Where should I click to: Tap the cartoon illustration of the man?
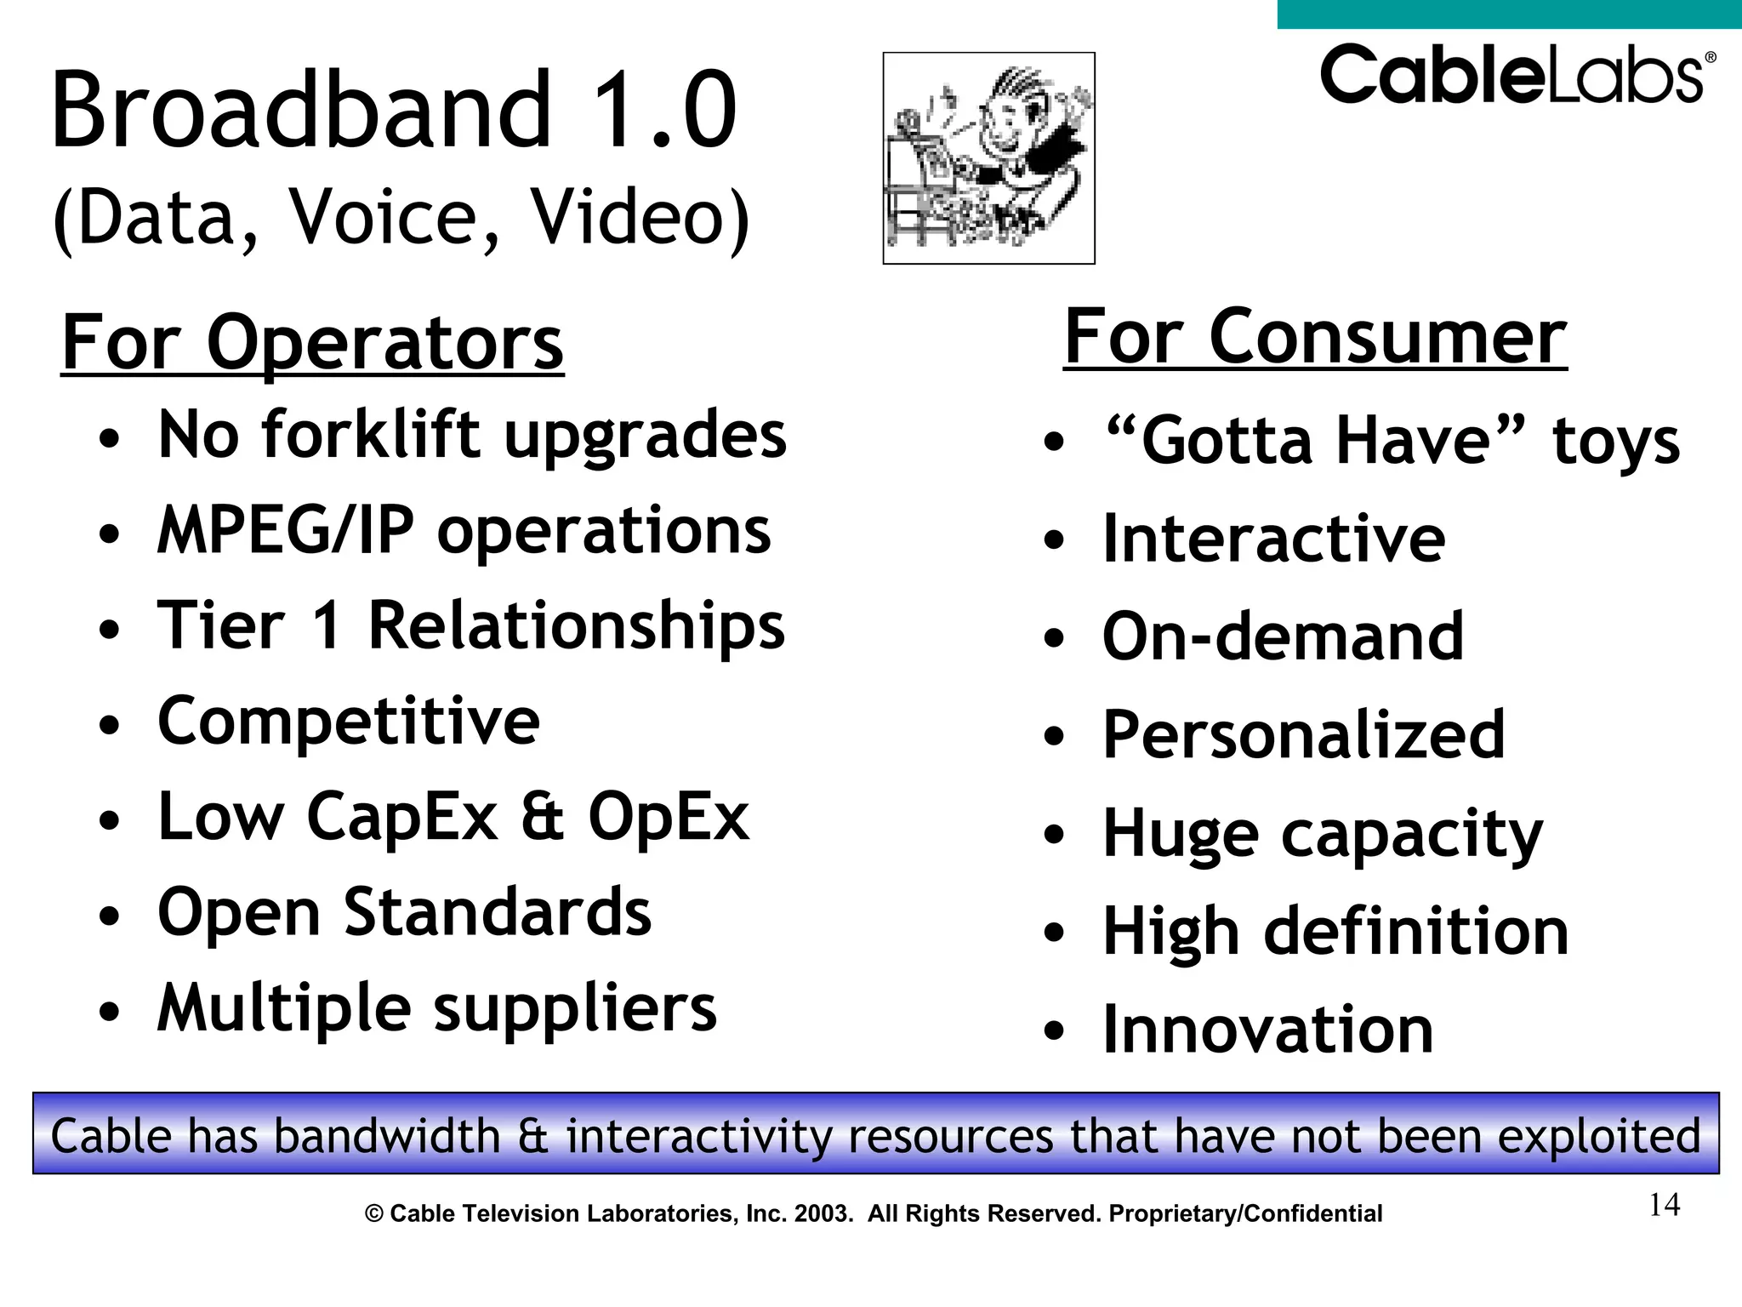pos(988,158)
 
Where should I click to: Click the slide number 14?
pos(1664,1205)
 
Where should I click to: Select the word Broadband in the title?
pos(302,111)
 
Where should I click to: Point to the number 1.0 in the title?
pos(663,111)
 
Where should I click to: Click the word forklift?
pos(371,435)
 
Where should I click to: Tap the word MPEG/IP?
pos(286,530)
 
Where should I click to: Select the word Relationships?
pos(576,626)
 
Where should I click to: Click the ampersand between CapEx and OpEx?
pos(543,817)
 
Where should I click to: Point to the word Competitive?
pos(349,722)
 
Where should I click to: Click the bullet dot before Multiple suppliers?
pos(109,1013)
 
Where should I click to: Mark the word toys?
pos(1616,442)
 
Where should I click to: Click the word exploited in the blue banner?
pos(1598,1136)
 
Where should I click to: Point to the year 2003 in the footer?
pos(823,1213)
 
